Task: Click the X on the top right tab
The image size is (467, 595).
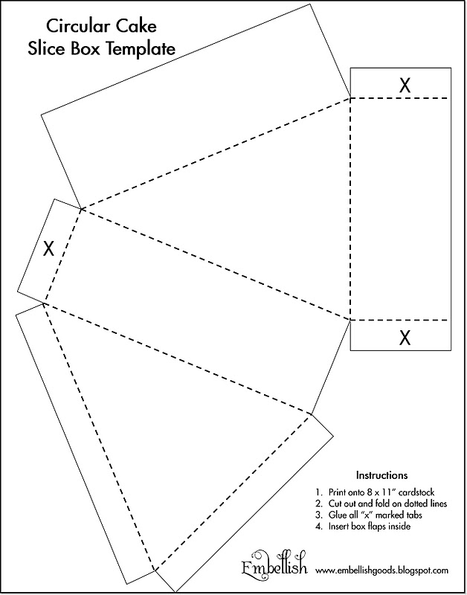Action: pyautogui.click(x=404, y=86)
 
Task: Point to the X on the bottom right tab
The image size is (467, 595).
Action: pyautogui.click(x=405, y=338)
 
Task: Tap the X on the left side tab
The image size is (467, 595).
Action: pyautogui.click(x=49, y=248)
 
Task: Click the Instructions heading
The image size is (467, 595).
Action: pyautogui.click(x=381, y=475)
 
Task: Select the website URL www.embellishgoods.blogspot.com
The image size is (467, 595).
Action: pyautogui.click(x=381, y=571)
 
